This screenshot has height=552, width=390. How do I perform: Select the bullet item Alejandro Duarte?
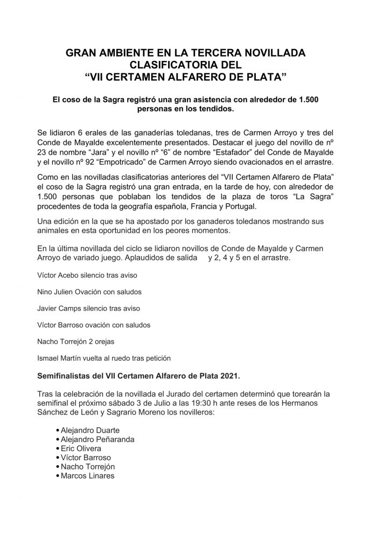point(90,430)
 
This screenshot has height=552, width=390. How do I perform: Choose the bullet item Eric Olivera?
point(81,448)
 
